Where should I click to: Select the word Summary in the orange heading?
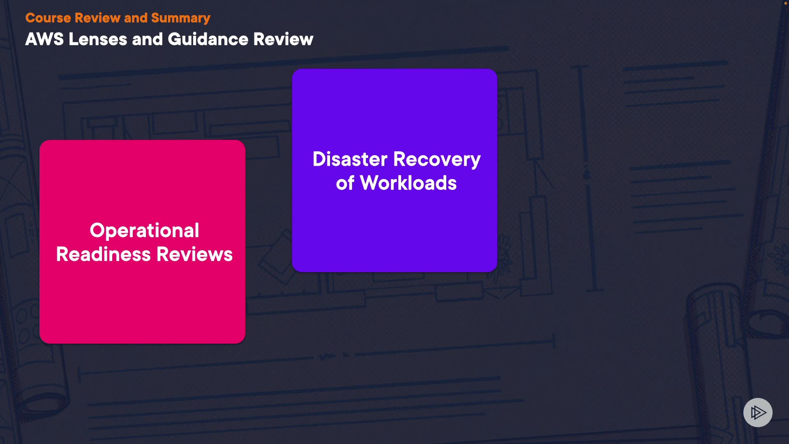[x=180, y=18]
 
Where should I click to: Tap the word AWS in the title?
[x=44, y=39]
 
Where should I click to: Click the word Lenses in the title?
[x=98, y=39]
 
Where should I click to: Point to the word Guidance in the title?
[x=208, y=39]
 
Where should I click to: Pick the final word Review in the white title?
[x=283, y=39]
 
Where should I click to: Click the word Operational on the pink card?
[x=144, y=230]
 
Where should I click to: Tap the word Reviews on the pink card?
[x=195, y=254]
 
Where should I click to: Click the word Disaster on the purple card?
[x=350, y=159]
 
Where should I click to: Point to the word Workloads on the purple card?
[x=408, y=183]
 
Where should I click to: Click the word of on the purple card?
[x=345, y=183]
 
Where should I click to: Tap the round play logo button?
[x=758, y=412]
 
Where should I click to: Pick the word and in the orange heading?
[x=136, y=18]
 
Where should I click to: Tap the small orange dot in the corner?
[x=785, y=3]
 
